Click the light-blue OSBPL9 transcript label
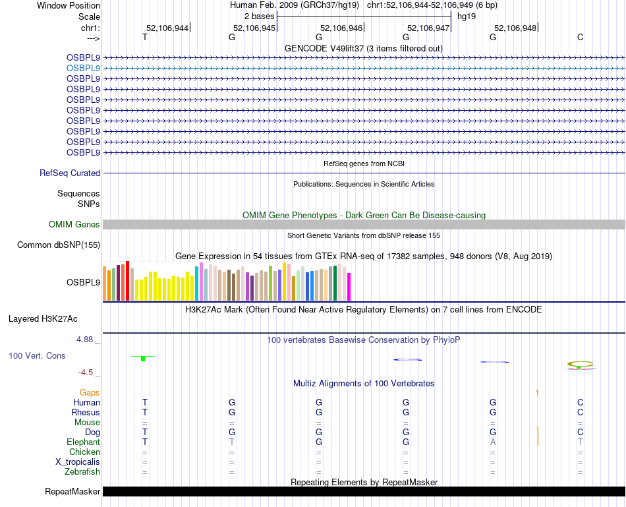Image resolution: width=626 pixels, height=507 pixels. click(83, 68)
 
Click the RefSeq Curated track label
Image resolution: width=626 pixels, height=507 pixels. click(70, 173)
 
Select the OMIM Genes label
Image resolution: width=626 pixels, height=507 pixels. click(74, 225)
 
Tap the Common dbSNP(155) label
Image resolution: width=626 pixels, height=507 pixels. click(59, 245)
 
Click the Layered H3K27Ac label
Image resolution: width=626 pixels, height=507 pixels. click(43, 319)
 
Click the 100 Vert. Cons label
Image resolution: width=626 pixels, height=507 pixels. click(37, 356)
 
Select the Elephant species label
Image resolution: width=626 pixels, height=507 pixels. click(83, 442)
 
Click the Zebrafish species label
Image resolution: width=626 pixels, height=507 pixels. click(82, 472)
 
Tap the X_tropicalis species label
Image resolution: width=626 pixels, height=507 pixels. click(78, 462)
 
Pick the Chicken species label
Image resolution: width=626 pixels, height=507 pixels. click(85, 452)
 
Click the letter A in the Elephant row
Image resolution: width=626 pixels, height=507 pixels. click(493, 442)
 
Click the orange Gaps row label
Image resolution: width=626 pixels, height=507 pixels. click(90, 393)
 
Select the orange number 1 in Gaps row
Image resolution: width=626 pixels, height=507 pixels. click(538, 393)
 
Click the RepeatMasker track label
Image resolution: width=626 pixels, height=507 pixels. click(72, 492)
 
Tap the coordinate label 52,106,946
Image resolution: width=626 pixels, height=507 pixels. click(341, 28)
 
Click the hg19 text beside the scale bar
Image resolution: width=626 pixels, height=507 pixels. click(466, 15)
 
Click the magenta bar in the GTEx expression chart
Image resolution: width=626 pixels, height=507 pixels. click(349, 286)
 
